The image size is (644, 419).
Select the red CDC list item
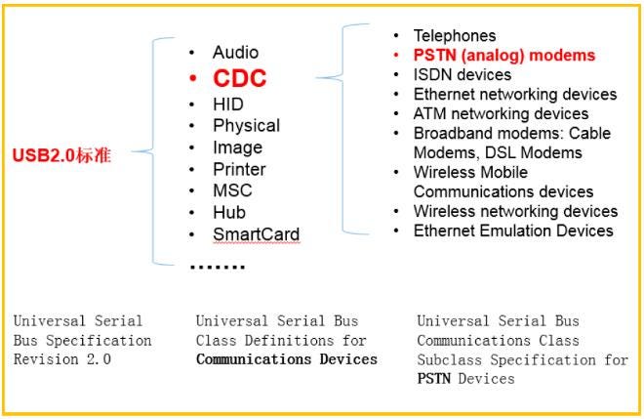click(x=240, y=78)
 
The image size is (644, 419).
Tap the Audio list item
click(x=235, y=52)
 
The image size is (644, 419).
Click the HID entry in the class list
click(x=228, y=104)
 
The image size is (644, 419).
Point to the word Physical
click(x=246, y=125)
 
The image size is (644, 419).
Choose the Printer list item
click(x=239, y=169)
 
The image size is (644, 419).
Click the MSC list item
click(x=231, y=190)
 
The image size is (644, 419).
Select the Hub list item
click(x=228, y=212)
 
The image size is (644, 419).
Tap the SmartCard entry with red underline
click(x=256, y=234)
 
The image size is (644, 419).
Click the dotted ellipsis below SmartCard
click(x=217, y=266)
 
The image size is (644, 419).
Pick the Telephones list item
click(x=455, y=36)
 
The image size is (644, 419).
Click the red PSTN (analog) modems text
click(x=503, y=56)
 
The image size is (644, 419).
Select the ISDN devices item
click(x=463, y=74)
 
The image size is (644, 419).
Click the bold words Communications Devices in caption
click(x=286, y=359)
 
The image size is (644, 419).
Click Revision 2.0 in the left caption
click(x=62, y=359)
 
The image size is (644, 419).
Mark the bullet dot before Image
click(x=193, y=147)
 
